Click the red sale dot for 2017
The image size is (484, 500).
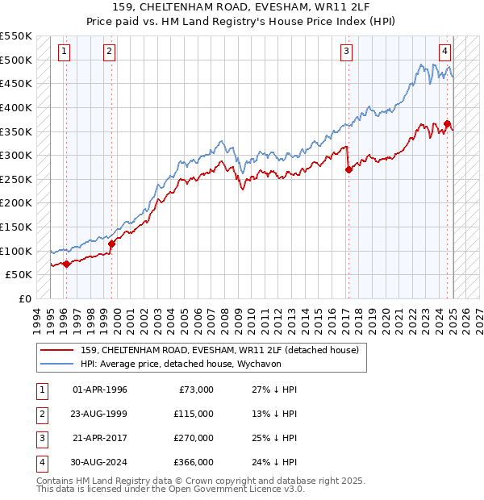tap(348, 169)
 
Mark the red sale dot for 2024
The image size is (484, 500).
tap(447, 123)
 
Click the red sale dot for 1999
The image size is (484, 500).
tap(111, 244)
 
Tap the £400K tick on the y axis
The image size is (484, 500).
tap(16, 107)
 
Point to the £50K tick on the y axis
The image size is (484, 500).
tap(19, 275)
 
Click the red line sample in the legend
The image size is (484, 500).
tap(56, 349)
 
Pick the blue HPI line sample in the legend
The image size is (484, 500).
tap(56, 364)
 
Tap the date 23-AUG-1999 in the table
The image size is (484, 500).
tap(99, 414)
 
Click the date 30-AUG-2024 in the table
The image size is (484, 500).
tap(99, 462)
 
